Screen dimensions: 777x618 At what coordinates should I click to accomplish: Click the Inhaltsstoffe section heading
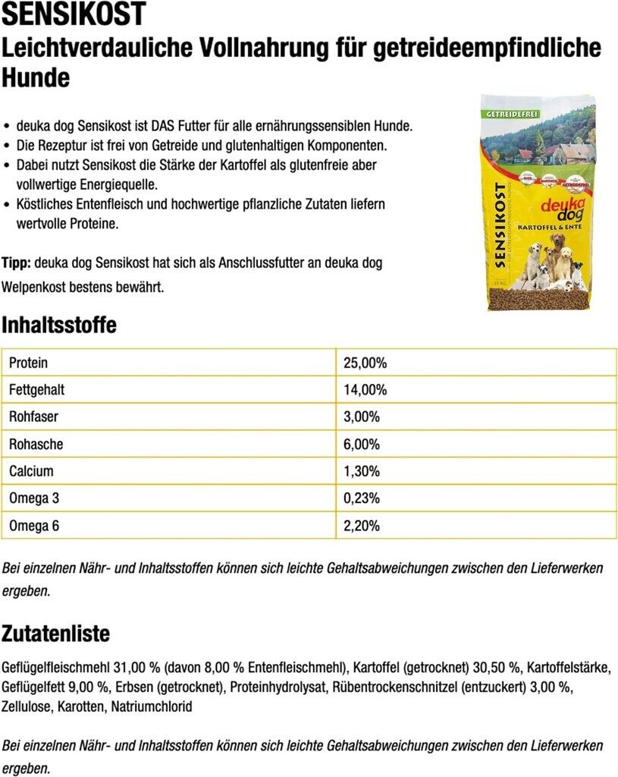[59, 326]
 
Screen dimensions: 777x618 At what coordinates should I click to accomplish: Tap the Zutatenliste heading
[55, 634]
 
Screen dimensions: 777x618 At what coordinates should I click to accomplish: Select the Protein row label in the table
[28, 363]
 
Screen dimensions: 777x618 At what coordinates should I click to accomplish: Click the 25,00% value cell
[365, 363]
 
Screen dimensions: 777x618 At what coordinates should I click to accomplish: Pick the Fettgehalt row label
[36, 390]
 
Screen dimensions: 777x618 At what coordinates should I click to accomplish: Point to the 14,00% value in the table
[365, 390]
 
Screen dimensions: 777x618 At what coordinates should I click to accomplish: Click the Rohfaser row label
[33, 417]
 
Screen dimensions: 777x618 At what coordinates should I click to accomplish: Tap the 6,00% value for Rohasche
[362, 444]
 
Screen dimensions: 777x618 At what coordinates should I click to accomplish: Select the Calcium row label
[31, 471]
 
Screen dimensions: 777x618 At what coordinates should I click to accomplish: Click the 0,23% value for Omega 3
[362, 499]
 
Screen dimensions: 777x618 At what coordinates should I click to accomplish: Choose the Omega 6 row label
[33, 526]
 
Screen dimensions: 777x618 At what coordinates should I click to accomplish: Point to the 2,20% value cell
[362, 526]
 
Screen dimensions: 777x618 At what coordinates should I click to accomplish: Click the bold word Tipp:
[16, 263]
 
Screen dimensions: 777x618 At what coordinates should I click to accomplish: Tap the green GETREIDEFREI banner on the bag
[507, 113]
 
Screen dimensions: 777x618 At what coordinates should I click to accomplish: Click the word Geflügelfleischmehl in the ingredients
[56, 668]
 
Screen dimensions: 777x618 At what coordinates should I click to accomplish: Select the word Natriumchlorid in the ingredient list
[152, 706]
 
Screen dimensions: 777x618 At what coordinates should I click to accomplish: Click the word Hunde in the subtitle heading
[36, 77]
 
